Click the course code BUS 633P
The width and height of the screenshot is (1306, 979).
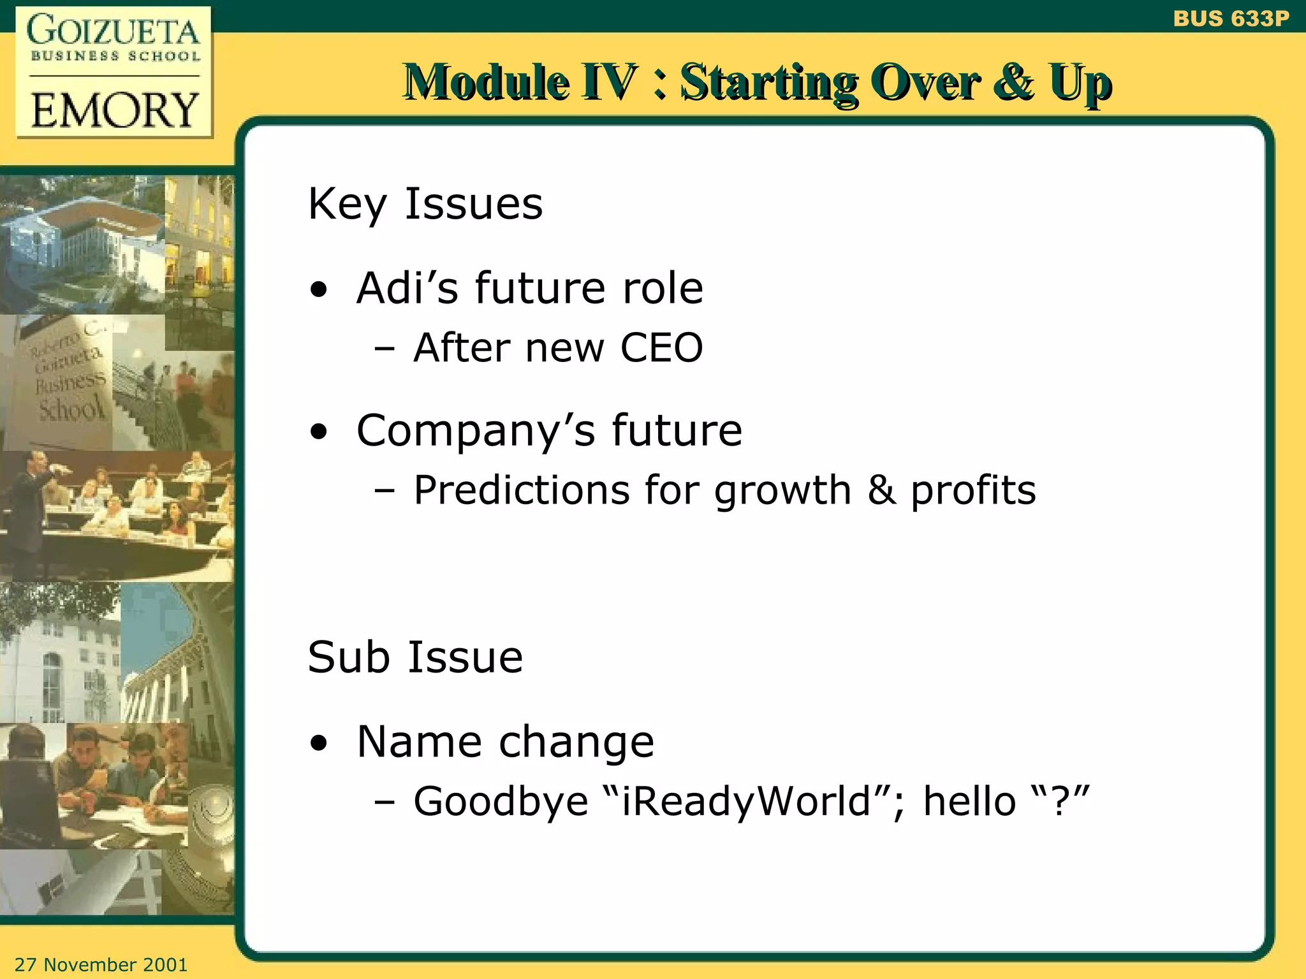(x=1231, y=18)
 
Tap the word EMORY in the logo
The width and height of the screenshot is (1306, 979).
(x=115, y=110)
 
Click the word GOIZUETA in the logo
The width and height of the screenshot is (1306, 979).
(x=114, y=31)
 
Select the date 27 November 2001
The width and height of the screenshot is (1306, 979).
(x=101, y=964)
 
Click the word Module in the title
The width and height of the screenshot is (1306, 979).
(x=487, y=83)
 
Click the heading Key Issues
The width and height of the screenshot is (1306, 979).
(x=425, y=204)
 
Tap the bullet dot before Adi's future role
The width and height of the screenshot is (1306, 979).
(x=319, y=291)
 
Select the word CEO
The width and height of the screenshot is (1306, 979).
(x=661, y=348)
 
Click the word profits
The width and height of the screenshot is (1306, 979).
(x=972, y=491)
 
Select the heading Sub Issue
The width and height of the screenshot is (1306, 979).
(x=415, y=657)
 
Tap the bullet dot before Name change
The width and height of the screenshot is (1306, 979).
(x=319, y=744)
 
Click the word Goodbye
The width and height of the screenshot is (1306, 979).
(x=501, y=802)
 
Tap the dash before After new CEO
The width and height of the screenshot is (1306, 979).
(x=385, y=349)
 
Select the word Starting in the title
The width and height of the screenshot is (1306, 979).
(x=768, y=83)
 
